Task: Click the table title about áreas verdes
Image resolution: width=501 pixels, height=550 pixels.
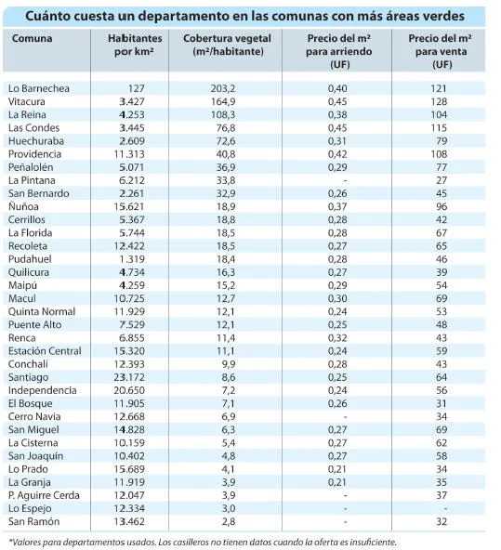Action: point(244,16)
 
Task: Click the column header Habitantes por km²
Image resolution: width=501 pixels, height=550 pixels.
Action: point(135,45)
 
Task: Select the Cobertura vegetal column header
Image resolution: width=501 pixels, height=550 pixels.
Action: point(227,45)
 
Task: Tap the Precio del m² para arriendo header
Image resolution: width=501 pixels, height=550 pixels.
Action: point(339,51)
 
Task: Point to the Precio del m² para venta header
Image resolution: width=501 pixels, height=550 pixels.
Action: point(441,51)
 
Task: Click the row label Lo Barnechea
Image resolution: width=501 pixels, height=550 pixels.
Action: point(39,88)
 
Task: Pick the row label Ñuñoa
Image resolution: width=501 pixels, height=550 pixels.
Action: point(23,206)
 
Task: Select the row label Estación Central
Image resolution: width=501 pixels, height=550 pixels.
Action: point(45,351)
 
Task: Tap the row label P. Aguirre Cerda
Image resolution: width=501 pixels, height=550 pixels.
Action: point(44,495)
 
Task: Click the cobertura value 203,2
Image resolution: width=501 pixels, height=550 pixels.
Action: point(223,88)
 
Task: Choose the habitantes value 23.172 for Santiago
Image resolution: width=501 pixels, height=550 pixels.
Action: point(129,377)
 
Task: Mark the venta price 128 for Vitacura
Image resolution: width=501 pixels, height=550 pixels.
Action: point(439,101)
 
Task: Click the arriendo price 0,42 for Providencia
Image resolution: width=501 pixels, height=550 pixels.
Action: point(337,154)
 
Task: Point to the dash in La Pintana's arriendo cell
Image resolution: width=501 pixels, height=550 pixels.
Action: point(345,180)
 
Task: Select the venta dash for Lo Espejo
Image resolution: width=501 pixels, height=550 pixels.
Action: point(445,508)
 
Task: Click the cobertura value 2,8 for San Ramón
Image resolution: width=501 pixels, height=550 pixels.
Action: point(229,521)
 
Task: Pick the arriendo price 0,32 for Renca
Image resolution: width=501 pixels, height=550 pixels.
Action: point(337,338)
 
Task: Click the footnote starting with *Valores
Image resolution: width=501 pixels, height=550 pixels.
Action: point(203,542)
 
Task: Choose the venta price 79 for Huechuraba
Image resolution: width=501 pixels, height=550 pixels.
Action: point(442,141)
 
